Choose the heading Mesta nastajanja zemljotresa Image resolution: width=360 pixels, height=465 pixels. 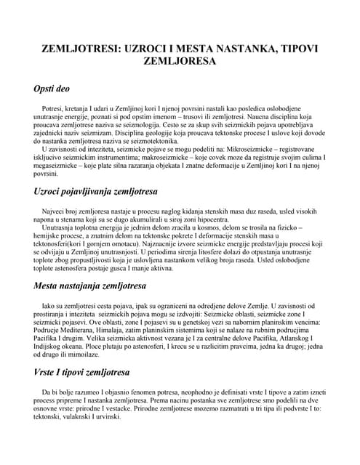coord(90,286)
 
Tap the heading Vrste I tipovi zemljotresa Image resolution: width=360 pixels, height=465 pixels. coord(83,372)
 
